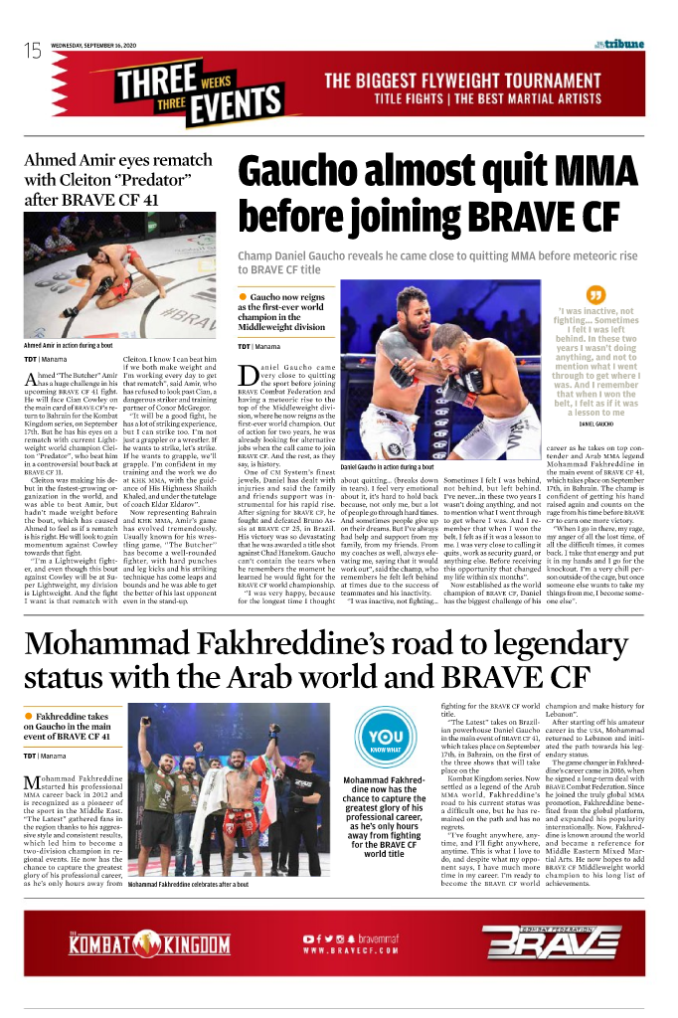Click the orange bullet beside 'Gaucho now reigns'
pos(242,297)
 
